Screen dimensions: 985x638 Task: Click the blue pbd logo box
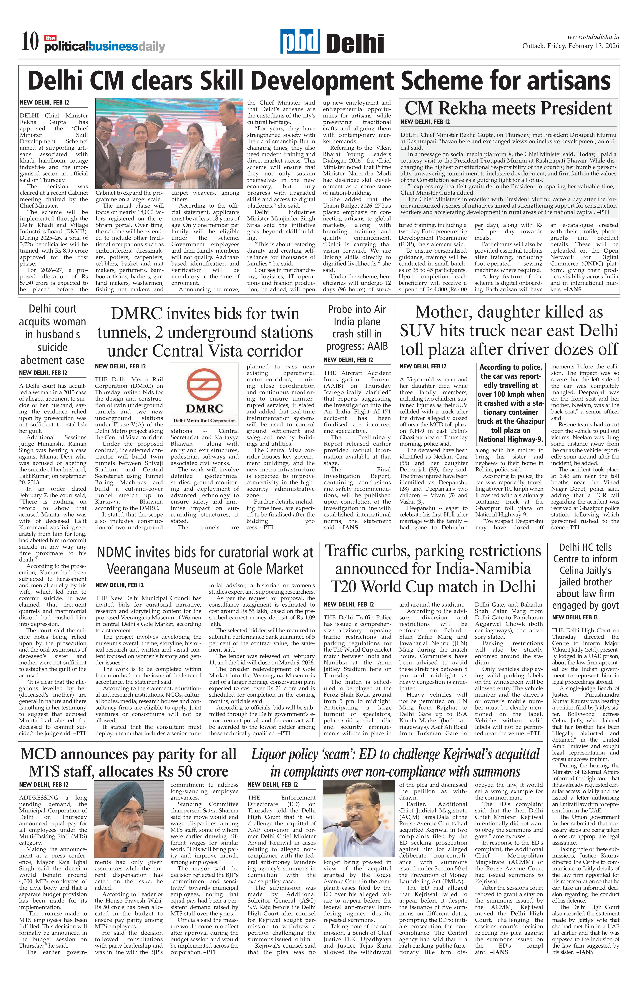pos(300,41)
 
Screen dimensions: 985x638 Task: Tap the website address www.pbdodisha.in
pos(593,37)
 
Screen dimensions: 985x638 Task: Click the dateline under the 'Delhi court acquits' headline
pos(43,373)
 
